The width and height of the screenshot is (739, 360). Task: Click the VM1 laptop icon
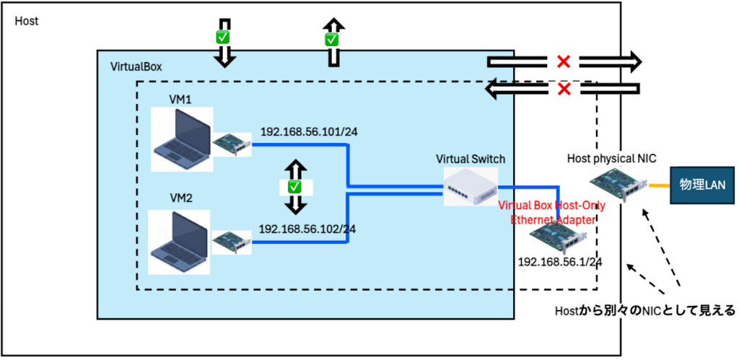(x=181, y=140)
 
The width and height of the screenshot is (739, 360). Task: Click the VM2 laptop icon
(x=178, y=242)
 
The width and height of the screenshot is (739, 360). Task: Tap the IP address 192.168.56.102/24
(x=307, y=229)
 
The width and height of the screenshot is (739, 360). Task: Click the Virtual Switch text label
(x=470, y=158)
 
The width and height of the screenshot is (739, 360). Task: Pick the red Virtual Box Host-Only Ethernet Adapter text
(x=552, y=212)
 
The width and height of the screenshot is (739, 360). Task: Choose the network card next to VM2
(x=232, y=243)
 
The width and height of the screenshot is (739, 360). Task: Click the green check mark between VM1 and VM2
(x=294, y=186)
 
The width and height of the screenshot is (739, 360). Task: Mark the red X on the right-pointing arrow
(x=564, y=62)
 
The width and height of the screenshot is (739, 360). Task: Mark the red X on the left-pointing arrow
(x=564, y=89)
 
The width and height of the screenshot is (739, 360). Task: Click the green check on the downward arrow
(x=224, y=36)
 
